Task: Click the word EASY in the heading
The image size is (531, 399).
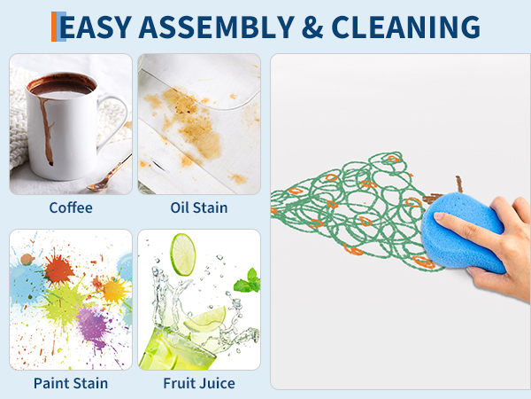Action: point(96,27)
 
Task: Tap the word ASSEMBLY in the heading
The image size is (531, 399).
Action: point(217,27)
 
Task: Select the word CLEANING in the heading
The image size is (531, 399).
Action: point(405,27)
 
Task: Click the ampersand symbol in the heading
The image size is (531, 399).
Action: point(312,27)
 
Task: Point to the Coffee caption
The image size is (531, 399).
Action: point(71,207)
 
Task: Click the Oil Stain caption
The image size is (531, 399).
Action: point(199,207)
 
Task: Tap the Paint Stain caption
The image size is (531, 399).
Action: point(71,383)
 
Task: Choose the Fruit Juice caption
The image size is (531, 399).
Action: point(199,383)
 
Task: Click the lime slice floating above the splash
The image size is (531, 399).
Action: point(183,254)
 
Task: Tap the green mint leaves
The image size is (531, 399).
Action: point(248,281)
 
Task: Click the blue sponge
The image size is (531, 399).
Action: point(462,232)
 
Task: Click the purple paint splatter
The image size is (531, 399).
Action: point(93,324)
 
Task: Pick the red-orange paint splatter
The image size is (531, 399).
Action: point(58,269)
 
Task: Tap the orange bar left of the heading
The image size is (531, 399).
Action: point(54,27)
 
